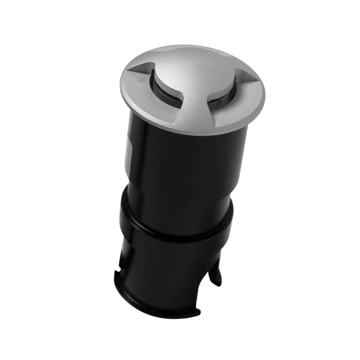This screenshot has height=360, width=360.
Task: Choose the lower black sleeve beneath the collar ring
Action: (x=162, y=270)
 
